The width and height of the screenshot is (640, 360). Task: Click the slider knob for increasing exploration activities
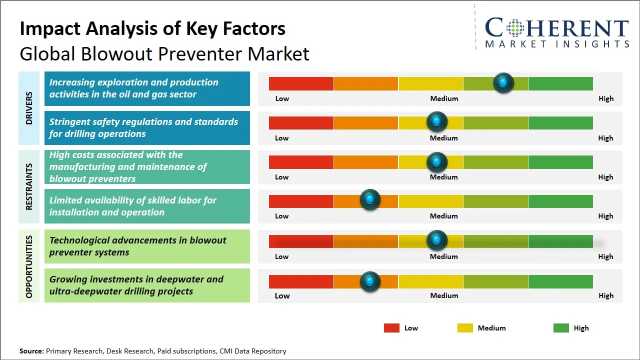coord(503,83)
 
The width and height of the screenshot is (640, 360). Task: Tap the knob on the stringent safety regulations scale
coord(437,121)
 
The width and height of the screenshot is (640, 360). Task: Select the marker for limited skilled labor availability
coord(370,200)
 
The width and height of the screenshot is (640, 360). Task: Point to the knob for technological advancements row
coord(437,240)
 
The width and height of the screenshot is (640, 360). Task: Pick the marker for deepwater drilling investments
coord(370,281)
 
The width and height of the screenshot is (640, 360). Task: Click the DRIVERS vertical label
coord(29,108)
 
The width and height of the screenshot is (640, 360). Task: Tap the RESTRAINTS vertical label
coord(29,186)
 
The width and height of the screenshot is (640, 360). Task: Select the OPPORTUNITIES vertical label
coord(29,266)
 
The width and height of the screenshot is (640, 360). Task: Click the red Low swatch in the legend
coord(391,328)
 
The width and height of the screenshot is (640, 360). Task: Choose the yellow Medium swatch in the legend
coord(465,328)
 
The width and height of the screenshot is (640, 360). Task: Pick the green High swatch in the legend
coord(561,328)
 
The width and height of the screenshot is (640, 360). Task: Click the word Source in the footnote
coord(31,351)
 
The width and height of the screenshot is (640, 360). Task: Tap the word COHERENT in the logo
coord(557,28)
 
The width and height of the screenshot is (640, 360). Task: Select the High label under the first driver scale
coord(606,98)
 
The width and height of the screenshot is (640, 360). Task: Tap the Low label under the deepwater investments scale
coord(282,295)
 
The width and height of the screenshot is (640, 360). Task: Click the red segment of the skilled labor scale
coord(301,201)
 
